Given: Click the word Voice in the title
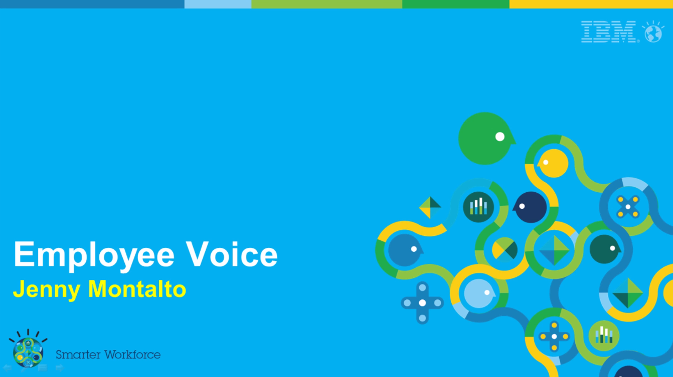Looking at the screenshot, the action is coord(232,254).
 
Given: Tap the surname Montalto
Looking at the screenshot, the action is coord(137,288).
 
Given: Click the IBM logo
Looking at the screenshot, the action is coord(609,32).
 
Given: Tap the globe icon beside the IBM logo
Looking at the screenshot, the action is coord(653,32).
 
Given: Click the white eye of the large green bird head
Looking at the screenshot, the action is coord(500,137).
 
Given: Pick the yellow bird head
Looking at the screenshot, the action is coord(553,163).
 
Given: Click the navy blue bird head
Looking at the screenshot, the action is coord(530,207).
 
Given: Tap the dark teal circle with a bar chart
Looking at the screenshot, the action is coord(478,207).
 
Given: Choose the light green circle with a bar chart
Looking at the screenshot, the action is coord(604,336).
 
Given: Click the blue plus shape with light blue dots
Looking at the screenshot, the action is coord(422,303).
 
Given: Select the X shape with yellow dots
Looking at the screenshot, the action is coord(628,207).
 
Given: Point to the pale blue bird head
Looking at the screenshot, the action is coord(479,293).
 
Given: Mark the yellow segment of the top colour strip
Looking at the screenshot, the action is coord(591,4).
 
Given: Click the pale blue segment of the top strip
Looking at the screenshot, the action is coord(218,4).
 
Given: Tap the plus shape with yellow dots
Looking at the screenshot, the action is coord(554,336).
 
